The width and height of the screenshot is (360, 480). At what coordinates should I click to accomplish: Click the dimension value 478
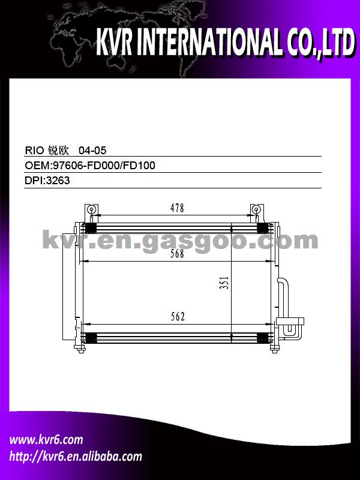pyautogui.click(x=177, y=208)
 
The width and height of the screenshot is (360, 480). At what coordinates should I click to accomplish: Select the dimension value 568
pyautogui.click(x=177, y=254)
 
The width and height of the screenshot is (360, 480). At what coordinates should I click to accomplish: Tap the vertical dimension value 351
pyautogui.click(x=224, y=283)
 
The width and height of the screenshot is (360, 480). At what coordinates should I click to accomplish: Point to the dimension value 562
pyautogui.click(x=178, y=317)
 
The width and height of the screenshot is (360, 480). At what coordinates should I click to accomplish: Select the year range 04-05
pyautogui.click(x=92, y=151)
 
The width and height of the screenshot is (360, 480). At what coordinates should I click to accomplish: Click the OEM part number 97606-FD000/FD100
pyautogui.click(x=104, y=166)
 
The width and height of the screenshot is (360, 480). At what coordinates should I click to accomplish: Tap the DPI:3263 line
pyautogui.click(x=47, y=181)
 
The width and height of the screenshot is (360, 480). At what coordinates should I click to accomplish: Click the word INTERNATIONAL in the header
pyautogui.click(x=209, y=42)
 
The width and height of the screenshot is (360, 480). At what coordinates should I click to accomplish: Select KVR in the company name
pyautogui.click(x=114, y=42)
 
